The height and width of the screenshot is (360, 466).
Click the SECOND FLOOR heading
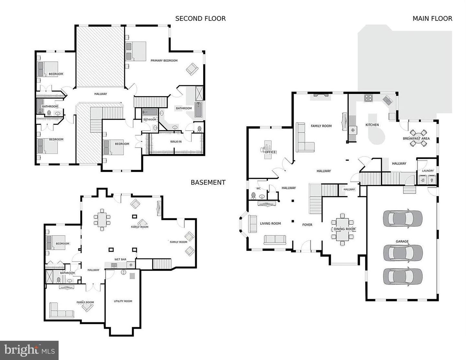point(200,19)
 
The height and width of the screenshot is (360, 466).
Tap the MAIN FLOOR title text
point(432,19)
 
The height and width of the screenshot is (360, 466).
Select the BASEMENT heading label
point(208,182)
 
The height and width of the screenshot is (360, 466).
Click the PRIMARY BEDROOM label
point(164,60)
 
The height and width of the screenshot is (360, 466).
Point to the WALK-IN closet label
point(176,142)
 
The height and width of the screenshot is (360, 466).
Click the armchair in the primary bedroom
point(192,69)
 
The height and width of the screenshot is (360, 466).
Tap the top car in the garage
point(403,218)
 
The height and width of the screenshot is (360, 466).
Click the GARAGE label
point(402,241)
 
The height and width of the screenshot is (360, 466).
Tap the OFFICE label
point(270,152)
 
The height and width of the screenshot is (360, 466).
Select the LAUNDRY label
point(427,171)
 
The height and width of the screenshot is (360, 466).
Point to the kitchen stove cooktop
point(368,98)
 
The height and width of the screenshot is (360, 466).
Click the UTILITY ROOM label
point(123,301)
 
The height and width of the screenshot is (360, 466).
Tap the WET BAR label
point(120,259)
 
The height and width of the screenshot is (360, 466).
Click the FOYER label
point(307,225)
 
